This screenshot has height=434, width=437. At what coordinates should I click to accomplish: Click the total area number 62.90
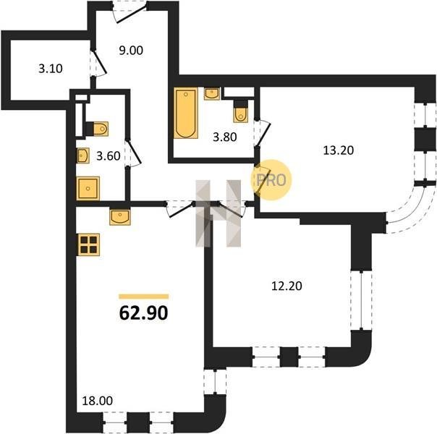[143, 313]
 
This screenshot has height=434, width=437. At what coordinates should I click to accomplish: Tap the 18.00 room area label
[98, 401]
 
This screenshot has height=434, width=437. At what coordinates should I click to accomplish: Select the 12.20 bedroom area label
[287, 286]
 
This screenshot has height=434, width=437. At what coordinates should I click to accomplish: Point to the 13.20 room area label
[339, 150]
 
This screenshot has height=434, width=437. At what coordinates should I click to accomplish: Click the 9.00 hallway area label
[131, 51]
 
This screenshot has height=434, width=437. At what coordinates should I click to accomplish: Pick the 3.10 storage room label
[51, 69]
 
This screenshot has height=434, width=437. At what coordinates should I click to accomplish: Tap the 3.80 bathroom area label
[225, 137]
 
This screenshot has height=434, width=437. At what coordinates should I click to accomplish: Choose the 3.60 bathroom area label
[109, 156]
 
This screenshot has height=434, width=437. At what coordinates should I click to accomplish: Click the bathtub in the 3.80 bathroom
[186, 113]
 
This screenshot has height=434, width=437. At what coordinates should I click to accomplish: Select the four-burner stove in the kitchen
[89, 244]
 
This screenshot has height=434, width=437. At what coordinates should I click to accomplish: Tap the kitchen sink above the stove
[120, 217]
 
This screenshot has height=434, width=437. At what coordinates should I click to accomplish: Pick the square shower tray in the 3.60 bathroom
[88, 188]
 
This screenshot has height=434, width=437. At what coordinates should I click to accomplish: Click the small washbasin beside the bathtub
[212, 93]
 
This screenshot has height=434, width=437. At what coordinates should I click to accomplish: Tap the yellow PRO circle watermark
[271, 180]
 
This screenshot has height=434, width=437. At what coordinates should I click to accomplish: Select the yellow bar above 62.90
[143, 297]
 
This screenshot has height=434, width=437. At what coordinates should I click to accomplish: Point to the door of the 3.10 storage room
[98, 63]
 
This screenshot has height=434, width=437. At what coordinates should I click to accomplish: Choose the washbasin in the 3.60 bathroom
[83, 156]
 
